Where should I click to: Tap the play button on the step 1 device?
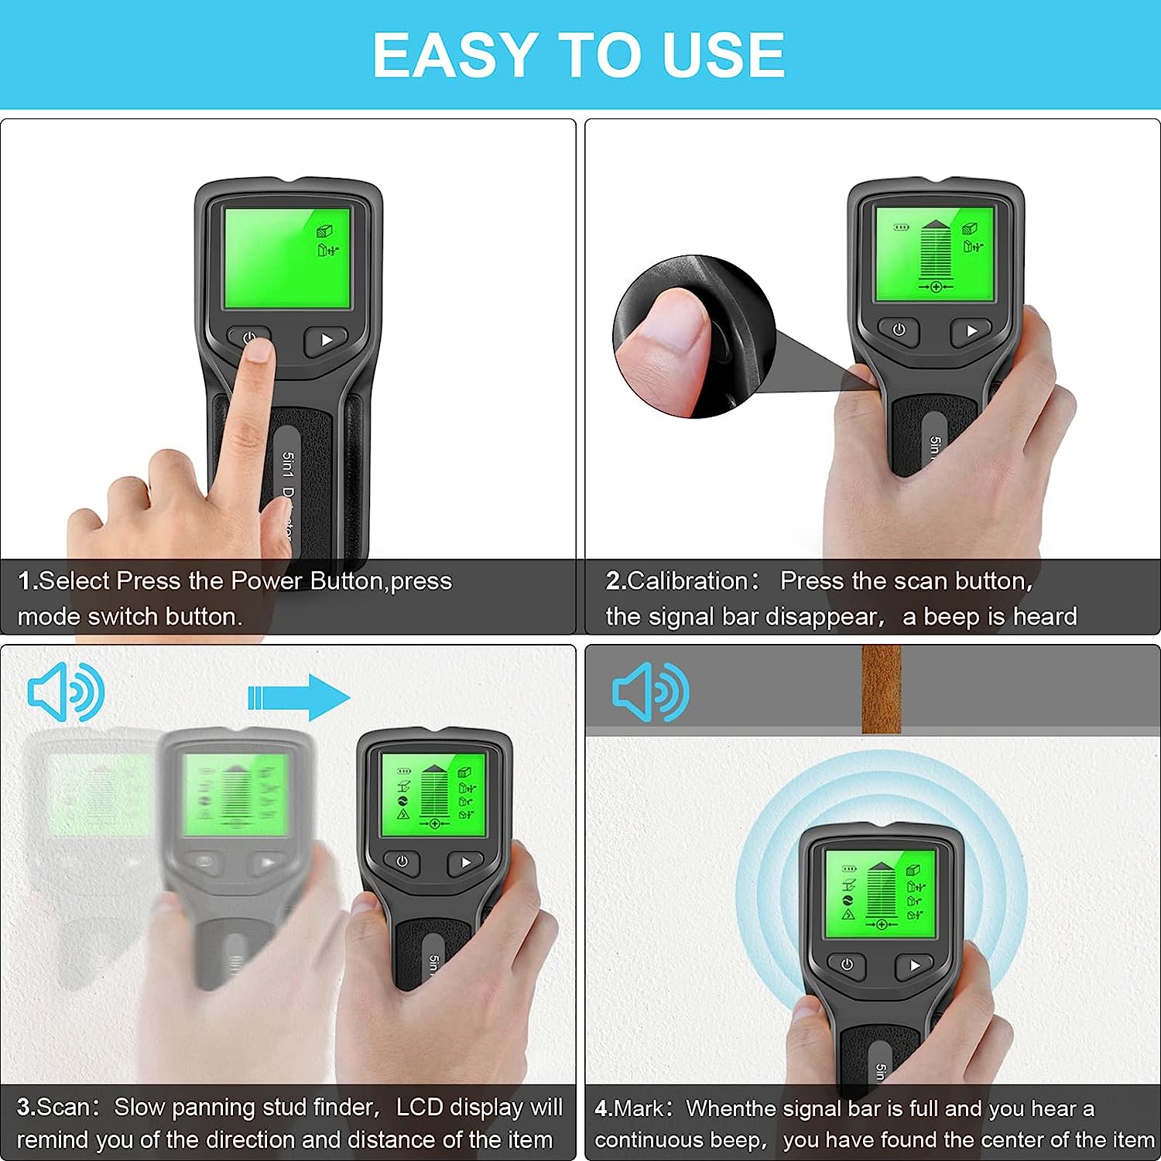click(x=325, y=340)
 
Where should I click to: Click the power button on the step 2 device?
click(x=899, y=330)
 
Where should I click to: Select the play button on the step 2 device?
click(x=971, y=330)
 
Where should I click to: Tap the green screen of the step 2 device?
click(x=934, y=254)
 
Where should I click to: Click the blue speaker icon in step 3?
click(x=66, y=692)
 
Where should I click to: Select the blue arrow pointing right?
click(x=299, y=697)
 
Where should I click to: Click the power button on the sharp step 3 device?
click(x=402, y=861)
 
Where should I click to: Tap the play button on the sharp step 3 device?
click(x=465, y=862)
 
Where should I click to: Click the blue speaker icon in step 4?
click(x=650, y=692)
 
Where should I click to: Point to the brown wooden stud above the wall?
click(x=882, y=689)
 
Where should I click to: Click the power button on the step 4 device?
click(x=847, y=965)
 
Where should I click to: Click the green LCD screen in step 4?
click(x=880, y=894)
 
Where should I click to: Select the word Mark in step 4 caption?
click(x=639, y=1108)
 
